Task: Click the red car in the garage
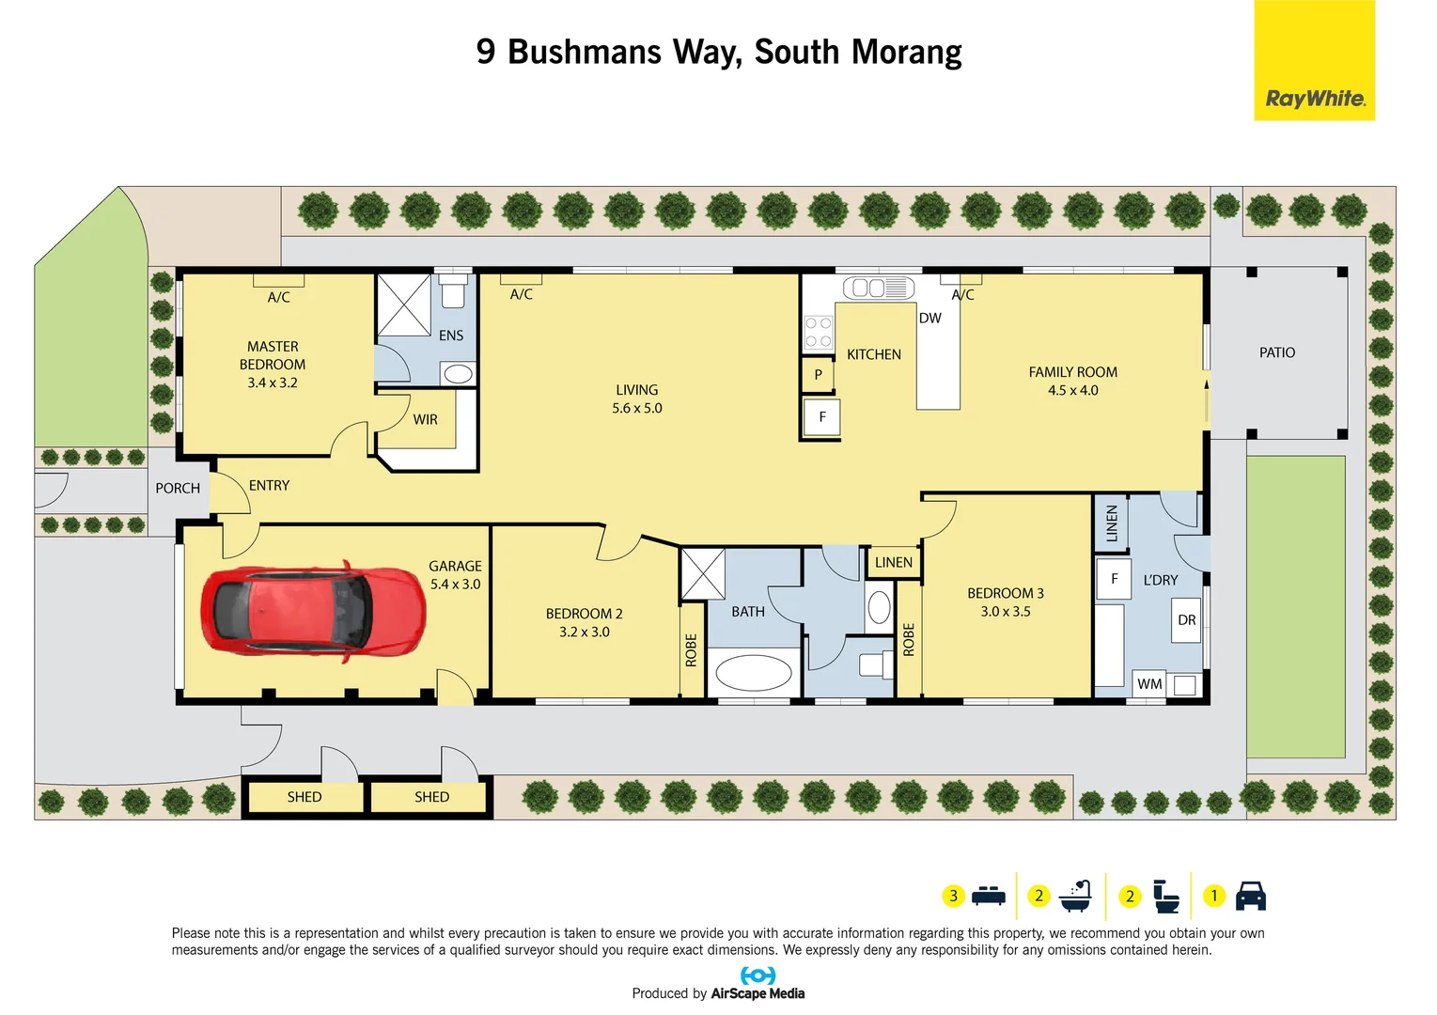click(314, 609)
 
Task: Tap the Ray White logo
click(1314, 61)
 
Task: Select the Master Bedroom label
click(273, 355)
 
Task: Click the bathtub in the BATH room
click(754, 673)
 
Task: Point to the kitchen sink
click(878, 288)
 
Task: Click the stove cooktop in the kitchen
click(818, 332)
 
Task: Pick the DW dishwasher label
click(929, 318)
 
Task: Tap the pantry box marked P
click(818, 375)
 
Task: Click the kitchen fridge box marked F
click(821, 417)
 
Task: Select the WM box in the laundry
click(1148, 683)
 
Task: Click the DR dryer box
click(1186, 620)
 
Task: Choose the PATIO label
click(1276, 352)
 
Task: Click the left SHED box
click(305, 797)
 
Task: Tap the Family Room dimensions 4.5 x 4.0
click(1072, 390)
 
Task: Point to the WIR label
click(425, 419)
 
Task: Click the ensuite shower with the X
click(404, 304)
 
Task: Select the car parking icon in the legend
click(1250, 896)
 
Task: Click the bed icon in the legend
click(988, 896)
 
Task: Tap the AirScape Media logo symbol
click(758, 976)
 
